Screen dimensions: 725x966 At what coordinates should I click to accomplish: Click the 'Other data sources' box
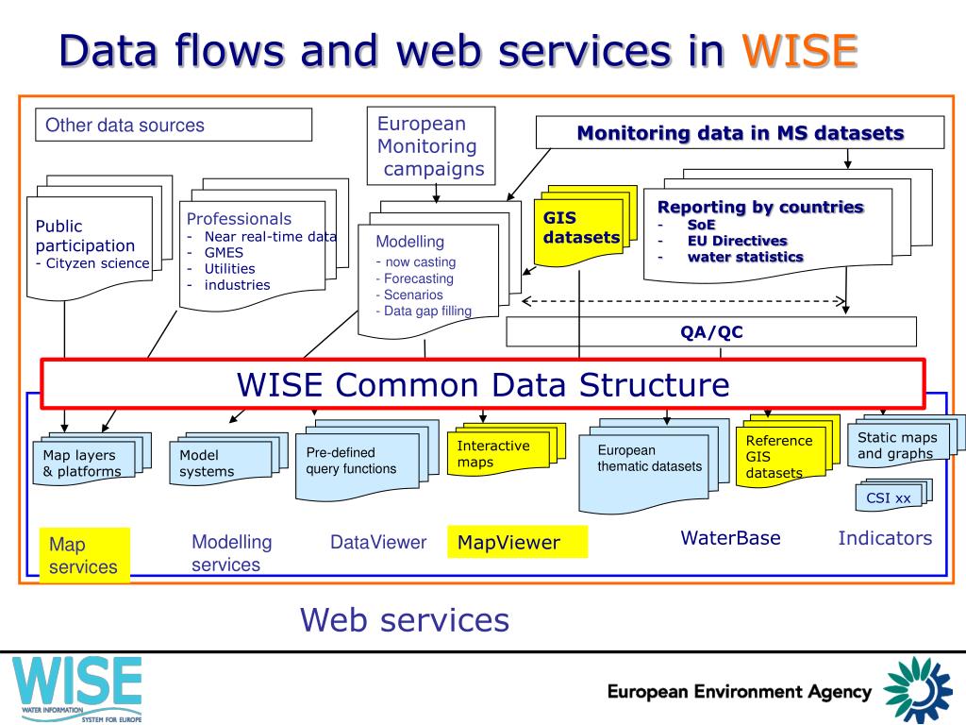click(174, 125)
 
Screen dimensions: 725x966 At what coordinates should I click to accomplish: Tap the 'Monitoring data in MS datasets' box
click(740, 133)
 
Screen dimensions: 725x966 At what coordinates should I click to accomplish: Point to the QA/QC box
click(711, 331)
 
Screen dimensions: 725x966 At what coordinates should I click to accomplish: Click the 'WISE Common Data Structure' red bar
click(482, 384)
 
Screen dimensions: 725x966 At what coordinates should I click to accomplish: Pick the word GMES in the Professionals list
click(224, 252)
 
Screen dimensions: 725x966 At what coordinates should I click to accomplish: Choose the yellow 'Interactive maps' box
click(493, 453)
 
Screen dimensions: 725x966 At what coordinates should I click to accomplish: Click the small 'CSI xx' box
click(889, 497)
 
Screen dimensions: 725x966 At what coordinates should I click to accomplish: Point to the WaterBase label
click(730, 538)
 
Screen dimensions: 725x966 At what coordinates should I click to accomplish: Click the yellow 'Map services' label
click(83, 556)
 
